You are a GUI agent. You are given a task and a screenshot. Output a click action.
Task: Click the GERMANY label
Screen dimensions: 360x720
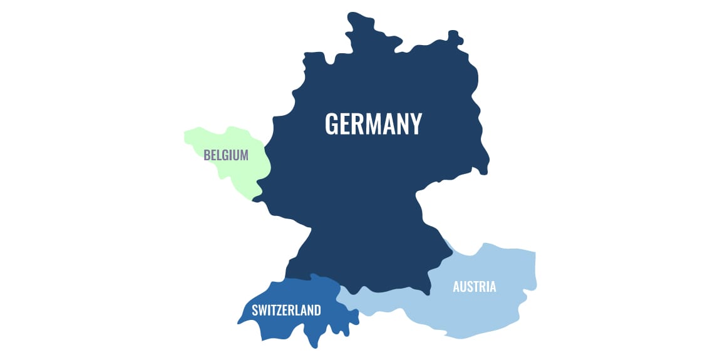373,124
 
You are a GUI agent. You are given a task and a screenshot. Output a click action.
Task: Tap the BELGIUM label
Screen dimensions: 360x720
225,155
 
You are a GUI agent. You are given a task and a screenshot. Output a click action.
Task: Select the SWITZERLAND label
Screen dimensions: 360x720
286,310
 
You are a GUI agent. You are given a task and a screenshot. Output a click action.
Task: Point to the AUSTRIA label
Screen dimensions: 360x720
475,287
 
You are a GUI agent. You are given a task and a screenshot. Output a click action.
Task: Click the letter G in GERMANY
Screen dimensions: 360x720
332,124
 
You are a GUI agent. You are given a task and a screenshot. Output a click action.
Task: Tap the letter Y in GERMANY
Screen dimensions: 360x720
415,124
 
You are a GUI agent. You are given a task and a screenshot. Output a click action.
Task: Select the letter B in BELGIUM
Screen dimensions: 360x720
207,155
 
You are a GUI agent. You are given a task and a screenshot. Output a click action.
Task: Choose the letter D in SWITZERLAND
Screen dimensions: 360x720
317,310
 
